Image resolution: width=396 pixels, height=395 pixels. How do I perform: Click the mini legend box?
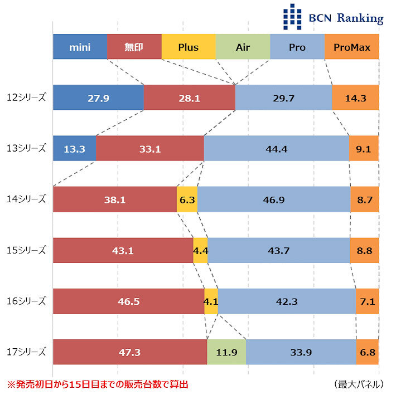(80, 47)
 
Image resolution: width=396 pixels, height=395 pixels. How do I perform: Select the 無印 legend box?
(134, 47)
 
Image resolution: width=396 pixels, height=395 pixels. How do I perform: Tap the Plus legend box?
(189, 47)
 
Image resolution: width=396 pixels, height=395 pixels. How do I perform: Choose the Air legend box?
(243, 47)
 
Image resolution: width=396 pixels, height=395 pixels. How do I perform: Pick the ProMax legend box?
(351, 47)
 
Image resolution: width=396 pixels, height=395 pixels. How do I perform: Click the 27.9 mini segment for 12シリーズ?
(98, 98)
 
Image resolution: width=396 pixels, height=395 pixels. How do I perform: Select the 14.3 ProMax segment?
(355, 98)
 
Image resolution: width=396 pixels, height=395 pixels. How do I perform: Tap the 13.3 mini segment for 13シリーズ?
(74, 149)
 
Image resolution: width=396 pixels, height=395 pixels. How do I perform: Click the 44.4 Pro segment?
(277, 149)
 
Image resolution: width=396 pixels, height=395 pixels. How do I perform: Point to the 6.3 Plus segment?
(187, 199)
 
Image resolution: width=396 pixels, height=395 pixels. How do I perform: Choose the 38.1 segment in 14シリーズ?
(115, 199)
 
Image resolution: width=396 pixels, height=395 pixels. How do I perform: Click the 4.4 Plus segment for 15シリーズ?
(200, 251)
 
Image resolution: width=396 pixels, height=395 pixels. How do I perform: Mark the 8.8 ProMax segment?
(364, 251)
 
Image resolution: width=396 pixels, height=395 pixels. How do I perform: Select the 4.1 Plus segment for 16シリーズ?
(211, 301)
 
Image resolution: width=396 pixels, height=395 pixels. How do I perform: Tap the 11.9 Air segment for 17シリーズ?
(226, 352)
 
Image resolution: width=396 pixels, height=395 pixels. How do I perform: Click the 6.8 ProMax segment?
(368, 352)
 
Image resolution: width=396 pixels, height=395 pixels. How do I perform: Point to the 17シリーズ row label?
(26, 352)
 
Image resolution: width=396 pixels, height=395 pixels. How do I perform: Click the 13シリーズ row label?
(26, 149)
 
